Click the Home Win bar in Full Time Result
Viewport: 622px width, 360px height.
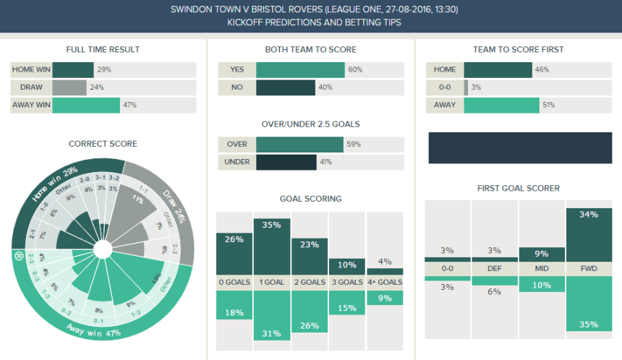[73, 70]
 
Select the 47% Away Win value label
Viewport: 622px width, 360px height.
[129, 105]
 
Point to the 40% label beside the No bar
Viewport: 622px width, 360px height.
[325, 87]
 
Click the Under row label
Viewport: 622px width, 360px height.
[237, 161]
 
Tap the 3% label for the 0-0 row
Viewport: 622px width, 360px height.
[476, 87]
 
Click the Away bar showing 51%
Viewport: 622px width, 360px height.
[501, 105]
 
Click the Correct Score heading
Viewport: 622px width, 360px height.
[103, 144]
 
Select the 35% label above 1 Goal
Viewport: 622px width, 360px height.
[272, 225]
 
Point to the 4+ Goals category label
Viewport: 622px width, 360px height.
[385, 283]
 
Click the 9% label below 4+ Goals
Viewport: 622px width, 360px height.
[385, 298]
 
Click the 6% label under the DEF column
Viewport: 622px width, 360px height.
[495, 291]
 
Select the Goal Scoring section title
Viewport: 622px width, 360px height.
[310, 199]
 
